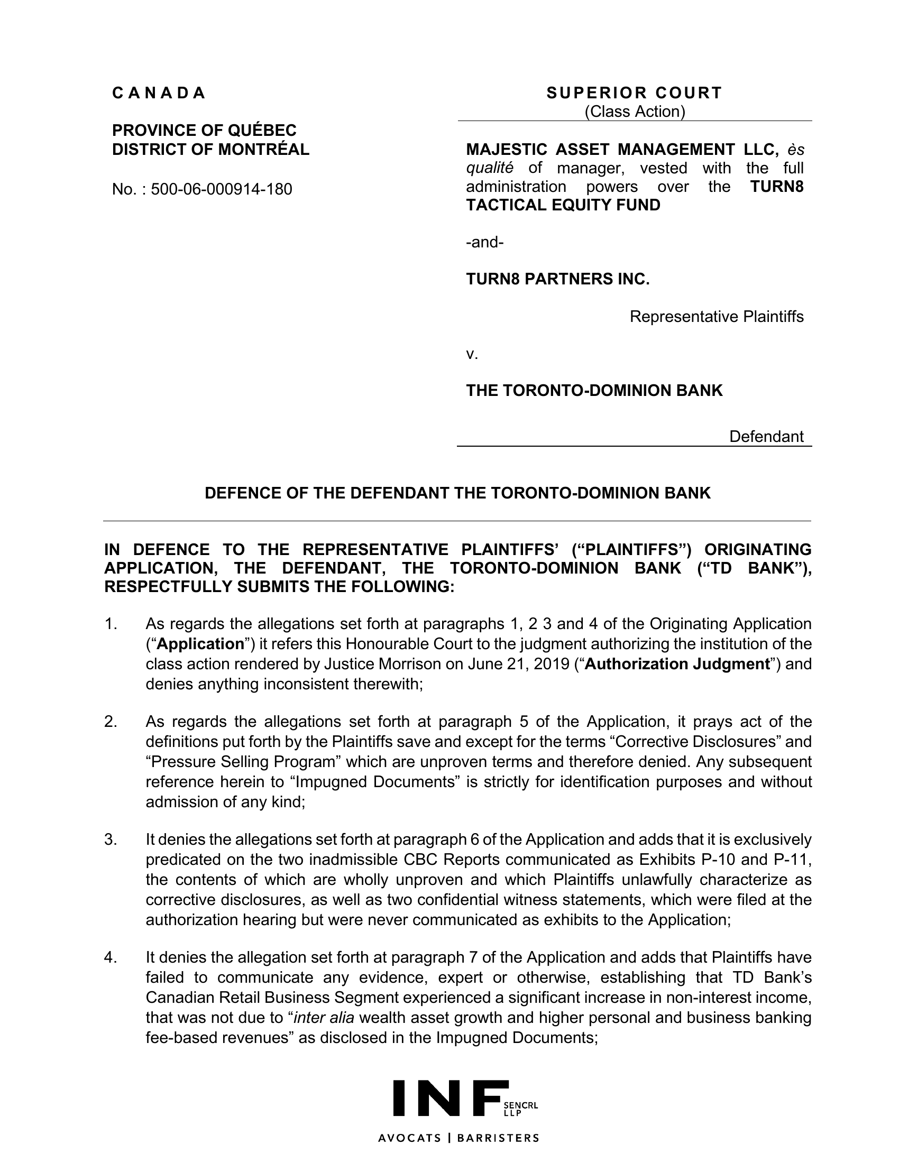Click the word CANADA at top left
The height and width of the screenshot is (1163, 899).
(x=158, y=93)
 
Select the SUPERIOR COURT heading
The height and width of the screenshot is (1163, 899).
(x=634, y=93)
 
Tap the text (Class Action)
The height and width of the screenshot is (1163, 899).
(x=634, y=112)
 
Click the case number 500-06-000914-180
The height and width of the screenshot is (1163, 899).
(x=221, y=189)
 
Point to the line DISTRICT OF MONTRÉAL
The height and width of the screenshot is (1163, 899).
(x=210, y=150)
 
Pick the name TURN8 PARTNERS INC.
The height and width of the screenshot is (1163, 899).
(x=557, y=279)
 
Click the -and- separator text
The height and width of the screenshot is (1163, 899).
(x=484, y=242)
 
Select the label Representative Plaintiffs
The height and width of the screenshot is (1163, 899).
(x=717, y=317)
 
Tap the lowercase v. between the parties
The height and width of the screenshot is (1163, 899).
(x=472, y=354)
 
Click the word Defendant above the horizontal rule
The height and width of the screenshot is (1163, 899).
(x=766, y=437)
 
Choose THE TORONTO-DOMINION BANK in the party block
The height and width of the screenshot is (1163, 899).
(x=594, y=391)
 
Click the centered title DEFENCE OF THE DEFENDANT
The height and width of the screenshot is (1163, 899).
(x=457, y=493)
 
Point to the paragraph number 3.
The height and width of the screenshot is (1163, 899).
(x=110, y=840)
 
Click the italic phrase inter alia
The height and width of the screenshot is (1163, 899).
(x=324, y=1018)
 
